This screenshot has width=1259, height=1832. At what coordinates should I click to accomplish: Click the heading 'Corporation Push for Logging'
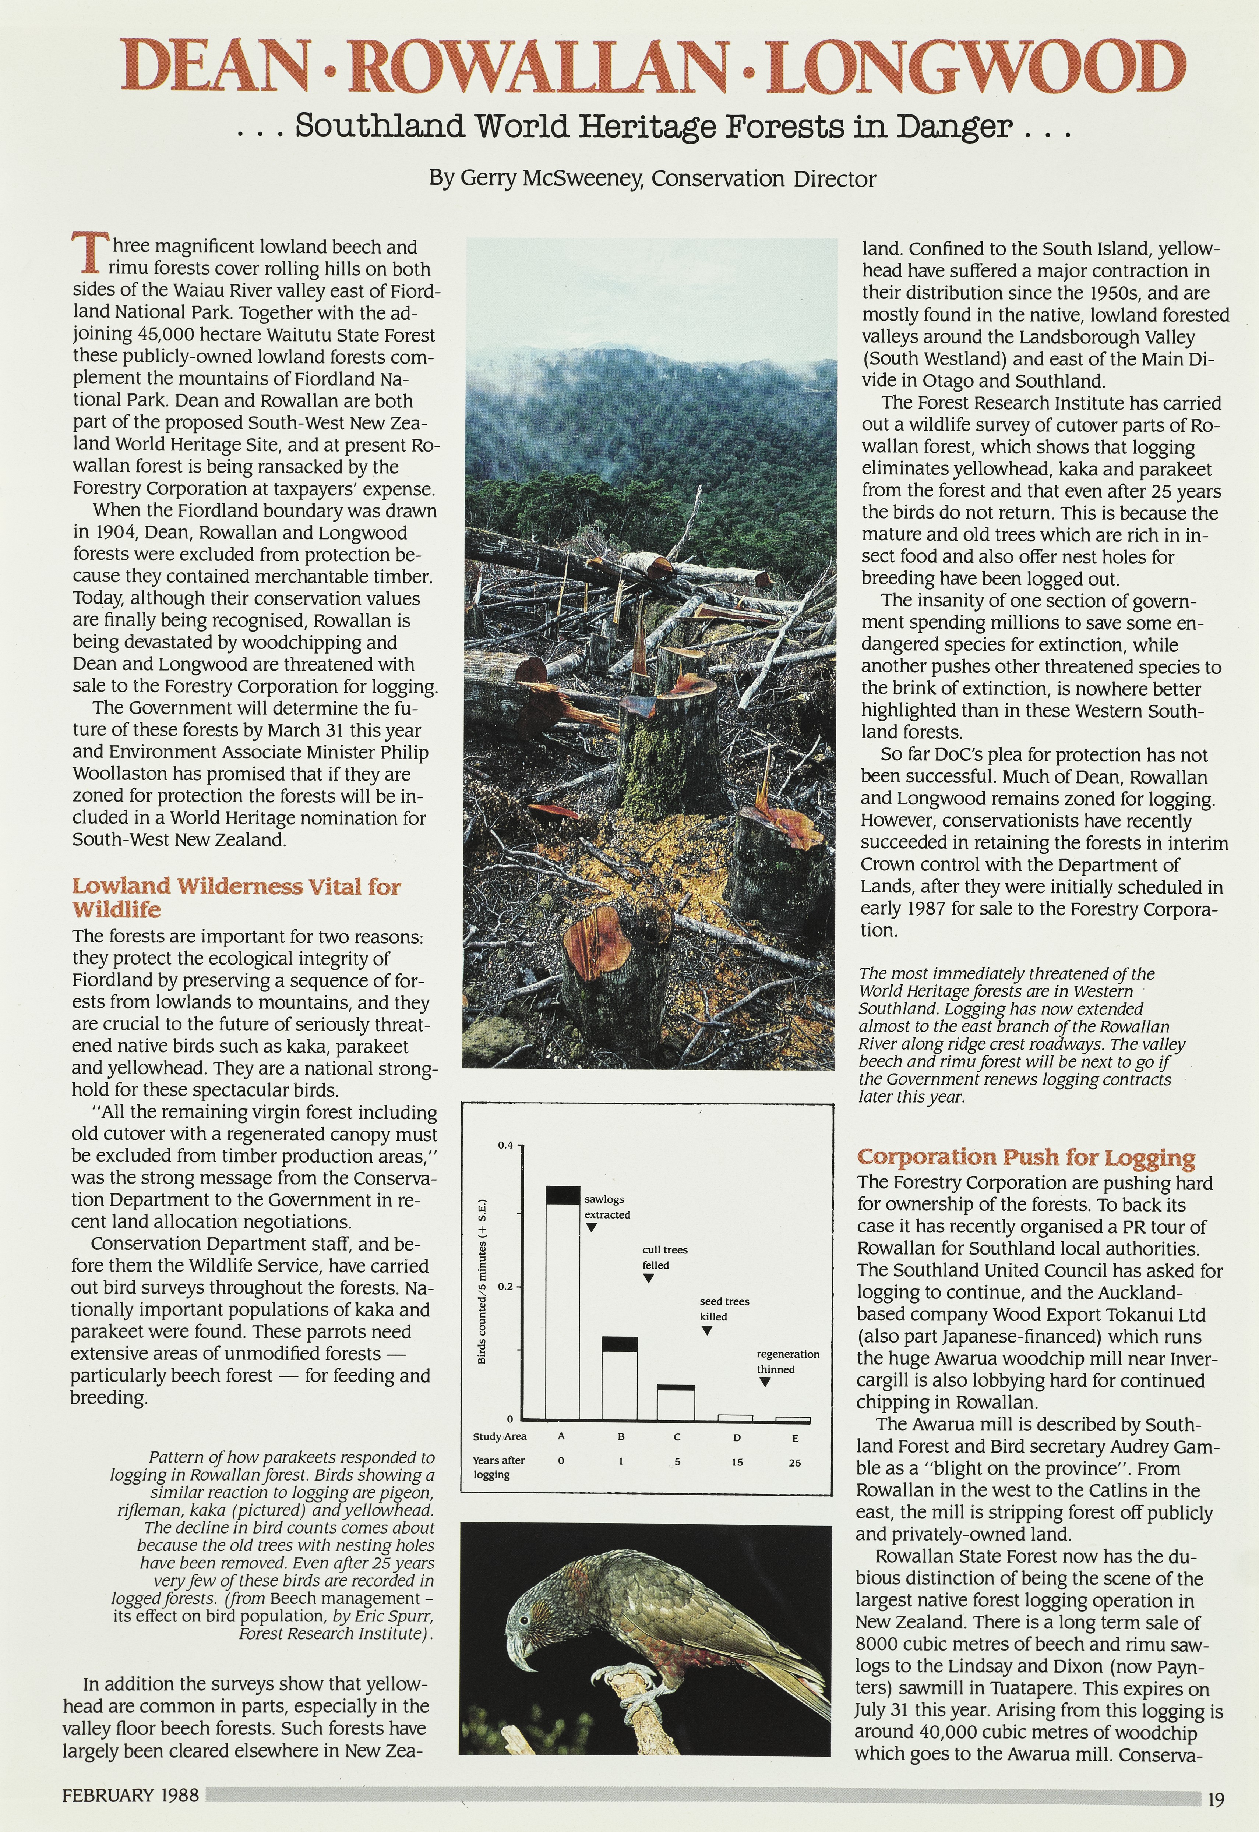(1026, 1157)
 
